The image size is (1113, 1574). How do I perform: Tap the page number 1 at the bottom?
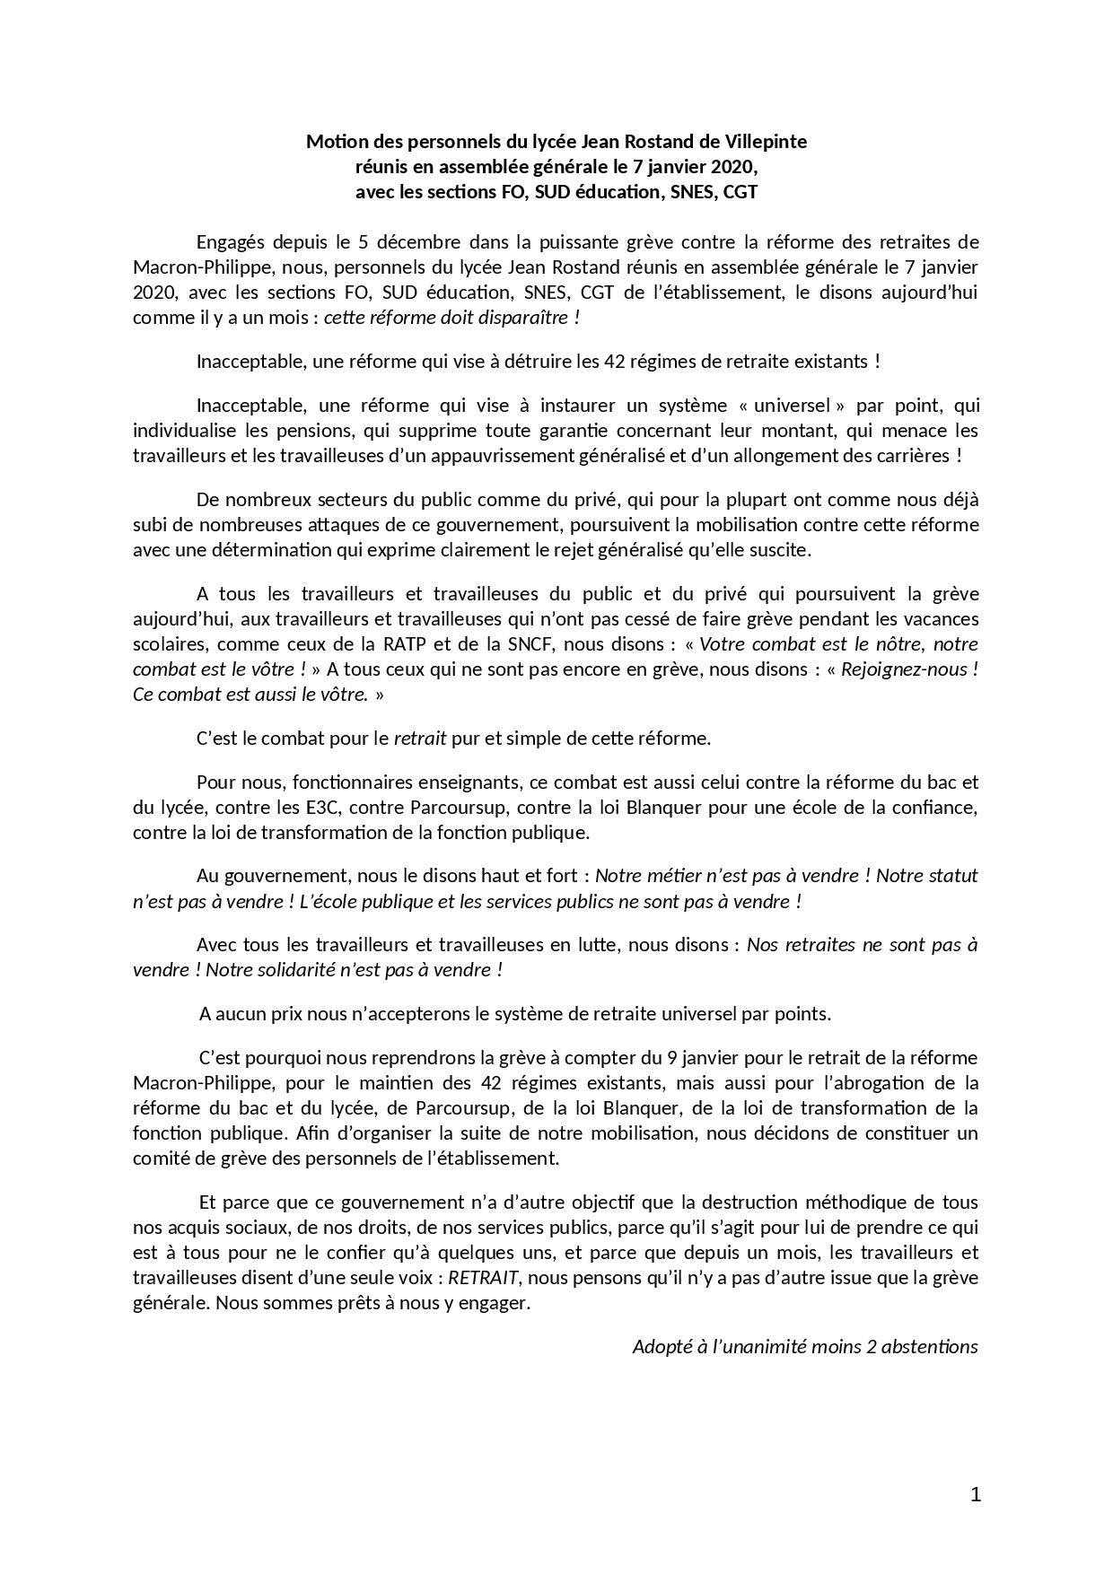click(x=976, y=1494)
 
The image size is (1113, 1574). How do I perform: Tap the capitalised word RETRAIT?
click(x=485, y=1277)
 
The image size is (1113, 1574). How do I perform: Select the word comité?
click(x=158, y=1158)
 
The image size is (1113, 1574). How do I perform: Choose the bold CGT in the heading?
click(x=741, y=192)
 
